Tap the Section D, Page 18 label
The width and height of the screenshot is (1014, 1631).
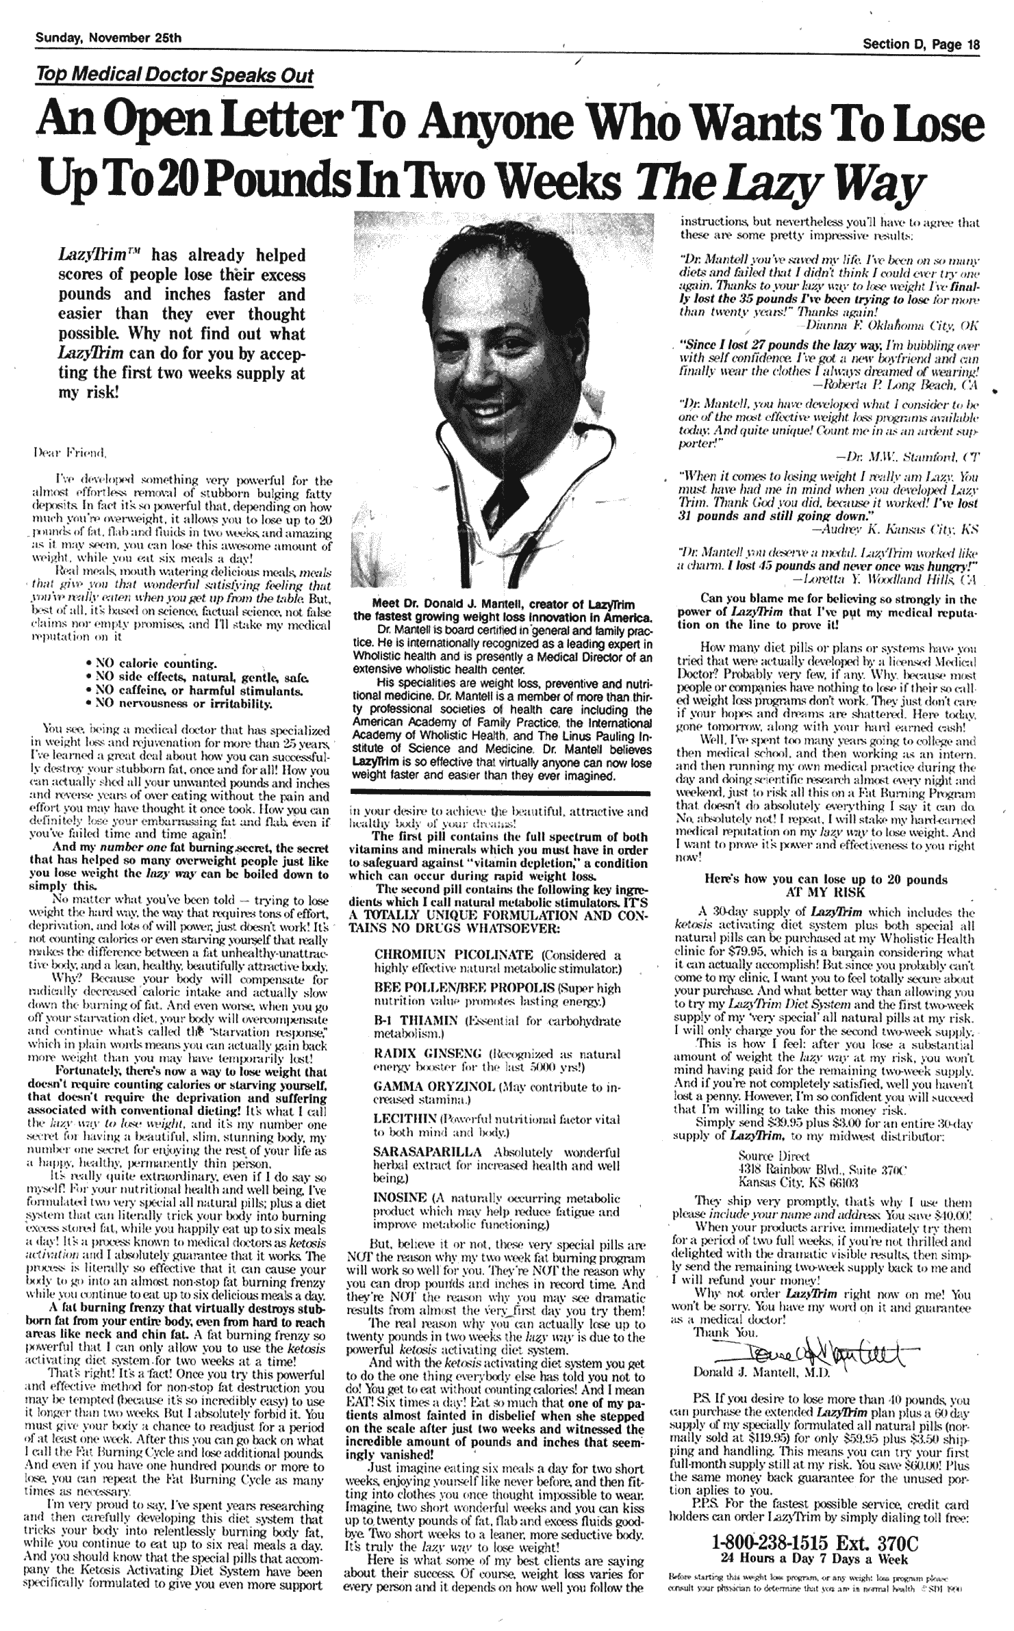click(921, 45)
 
